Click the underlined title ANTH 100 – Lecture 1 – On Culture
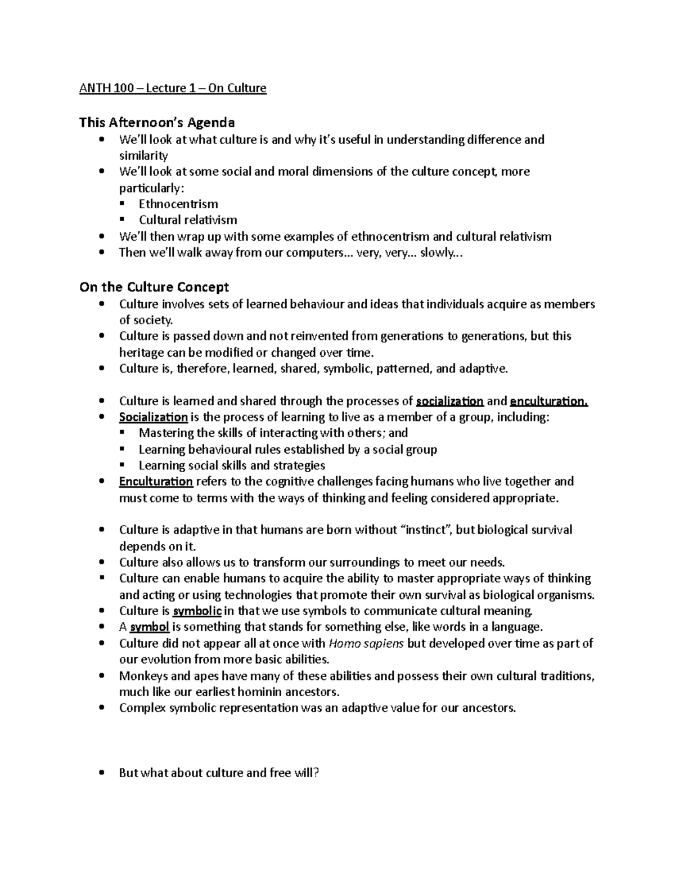173,88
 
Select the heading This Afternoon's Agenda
157,122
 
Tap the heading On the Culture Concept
154,287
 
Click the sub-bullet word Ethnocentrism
178,204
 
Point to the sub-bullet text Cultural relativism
188,219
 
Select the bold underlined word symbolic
197,611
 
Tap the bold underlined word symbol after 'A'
150,627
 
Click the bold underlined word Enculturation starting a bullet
156,481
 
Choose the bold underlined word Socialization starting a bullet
153,417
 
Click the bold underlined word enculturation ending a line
548,401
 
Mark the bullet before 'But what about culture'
101,773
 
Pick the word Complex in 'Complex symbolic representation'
142,708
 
